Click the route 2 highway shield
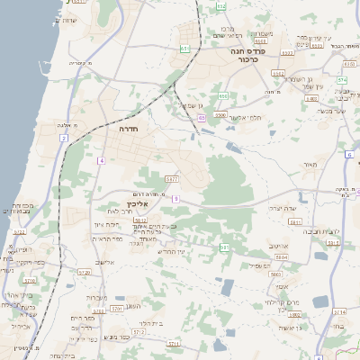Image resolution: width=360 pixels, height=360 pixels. click(x=64, y=138)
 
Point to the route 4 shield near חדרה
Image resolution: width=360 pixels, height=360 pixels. click(x=102, y=160)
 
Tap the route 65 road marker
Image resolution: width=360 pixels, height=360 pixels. click(x=202, y=117)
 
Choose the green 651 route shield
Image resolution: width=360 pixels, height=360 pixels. click(x=184, y=49)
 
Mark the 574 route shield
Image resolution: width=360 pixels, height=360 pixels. click(x=342, y=79)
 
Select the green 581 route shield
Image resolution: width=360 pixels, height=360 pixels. click(x=224, y=247)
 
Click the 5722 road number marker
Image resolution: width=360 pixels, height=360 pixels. click(x=20, y=231)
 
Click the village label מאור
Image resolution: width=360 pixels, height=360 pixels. click(x=310, y=165)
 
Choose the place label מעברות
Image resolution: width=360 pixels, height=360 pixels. click(x=99, y=298)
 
